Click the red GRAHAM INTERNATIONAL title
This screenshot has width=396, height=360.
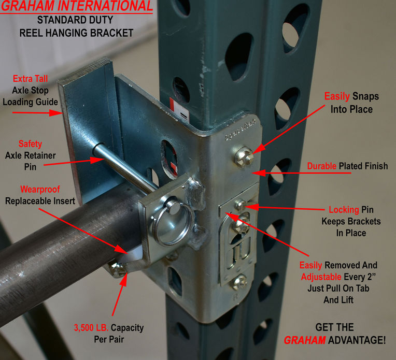pos(77,7)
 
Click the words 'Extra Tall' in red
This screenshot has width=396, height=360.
pos(30,79)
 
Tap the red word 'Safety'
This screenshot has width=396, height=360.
pos(30,144)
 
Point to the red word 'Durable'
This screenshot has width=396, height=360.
pos(322,166)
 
